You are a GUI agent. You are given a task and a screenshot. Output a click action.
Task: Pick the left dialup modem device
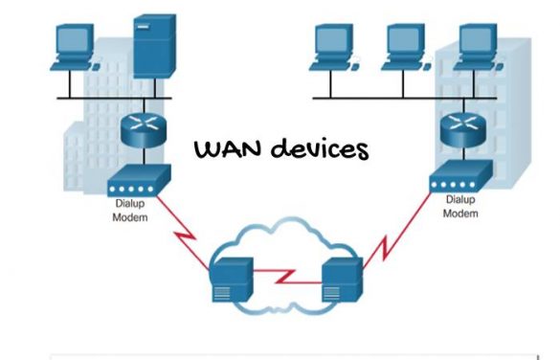140,180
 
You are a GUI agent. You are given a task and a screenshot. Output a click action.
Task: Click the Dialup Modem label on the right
459,208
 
